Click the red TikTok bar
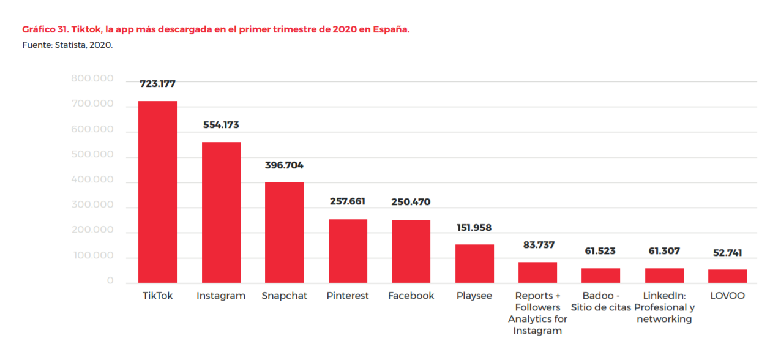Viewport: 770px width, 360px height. pos(157,192)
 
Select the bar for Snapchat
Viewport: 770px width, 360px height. pos(284,232)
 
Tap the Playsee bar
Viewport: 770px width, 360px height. pos(474,263)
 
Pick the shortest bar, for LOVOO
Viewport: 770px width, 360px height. pos(727,276)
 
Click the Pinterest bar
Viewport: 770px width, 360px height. pos(348,251)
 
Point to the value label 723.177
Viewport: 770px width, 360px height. pos(157,84)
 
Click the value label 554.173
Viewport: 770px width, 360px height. pos(221,125)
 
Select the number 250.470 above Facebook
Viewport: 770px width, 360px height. pos(411,201)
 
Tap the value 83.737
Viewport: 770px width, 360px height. pos(538,245)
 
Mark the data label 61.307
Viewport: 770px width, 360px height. pos(664,251)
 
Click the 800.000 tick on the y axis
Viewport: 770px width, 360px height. pos(92,78)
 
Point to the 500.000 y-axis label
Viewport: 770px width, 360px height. pos(92,154)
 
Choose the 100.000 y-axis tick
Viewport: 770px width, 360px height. pos(92,255)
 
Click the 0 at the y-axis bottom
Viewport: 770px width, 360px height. pos(110,280)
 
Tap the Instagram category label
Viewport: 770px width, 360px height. pos(221,296)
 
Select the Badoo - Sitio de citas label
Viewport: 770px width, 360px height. pos(600,301)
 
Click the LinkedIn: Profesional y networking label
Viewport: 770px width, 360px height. pos(664,307)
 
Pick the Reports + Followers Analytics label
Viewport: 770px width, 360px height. pos(538,313)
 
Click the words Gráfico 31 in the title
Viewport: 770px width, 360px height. pos(46,29)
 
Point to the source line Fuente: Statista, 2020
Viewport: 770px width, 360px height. pos(67,45)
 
